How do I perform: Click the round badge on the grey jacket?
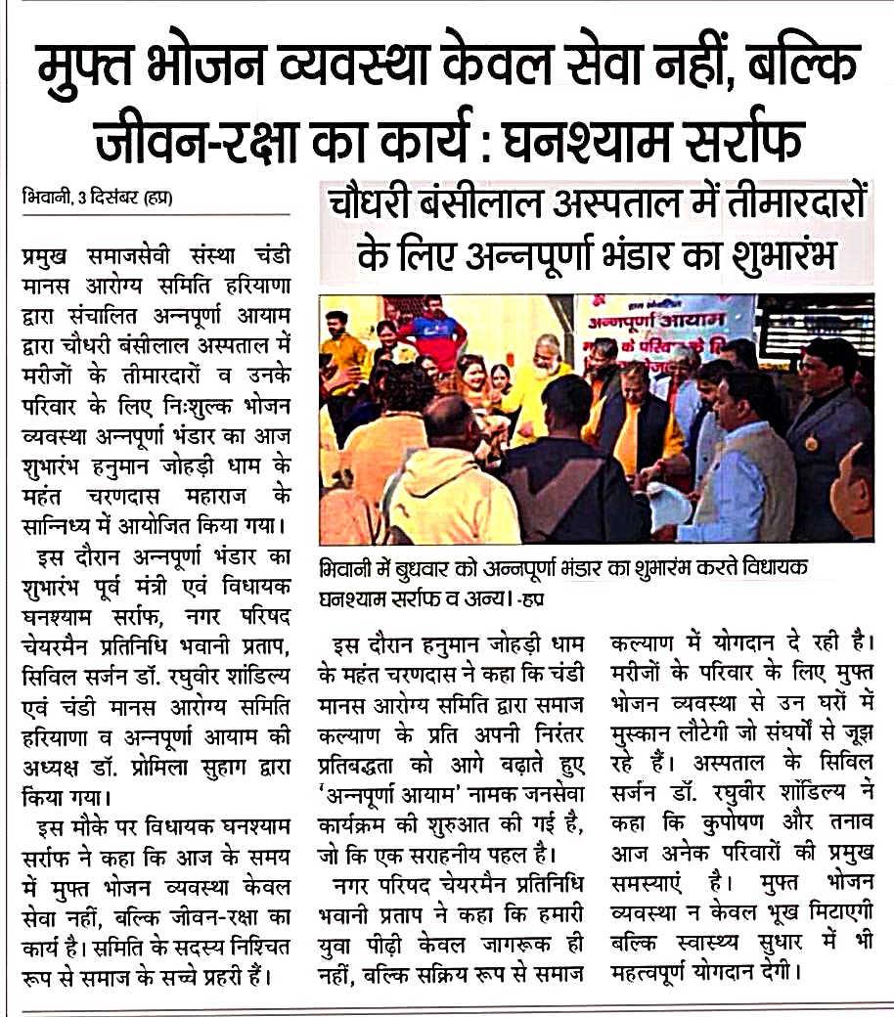[811, 443]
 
